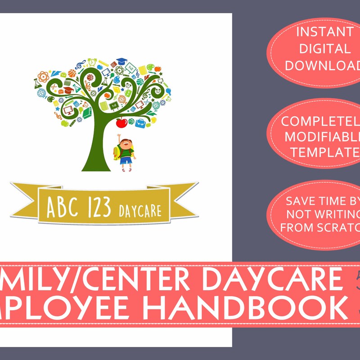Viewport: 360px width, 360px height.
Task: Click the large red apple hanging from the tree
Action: coord(121,122)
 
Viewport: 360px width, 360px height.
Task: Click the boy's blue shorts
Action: coord(126,159)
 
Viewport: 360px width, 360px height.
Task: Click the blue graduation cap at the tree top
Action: coord(121,61)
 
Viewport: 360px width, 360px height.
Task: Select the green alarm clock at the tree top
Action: coord(92,61)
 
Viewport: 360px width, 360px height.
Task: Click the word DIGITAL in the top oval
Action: coord(318,49)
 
